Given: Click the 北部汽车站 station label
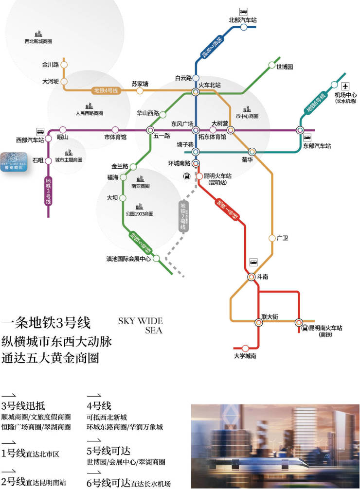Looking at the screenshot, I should click(x=243, y=20).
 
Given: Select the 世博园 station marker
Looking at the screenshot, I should click(x=272, y=65).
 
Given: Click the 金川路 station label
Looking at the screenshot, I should click(x=50, y=64).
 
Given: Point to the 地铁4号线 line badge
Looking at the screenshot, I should click(x=107, y=90).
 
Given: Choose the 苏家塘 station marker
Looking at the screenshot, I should click(x=140, y=90).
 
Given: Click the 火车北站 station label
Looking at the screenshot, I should click(x=210, y=85).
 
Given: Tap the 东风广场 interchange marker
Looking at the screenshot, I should click(x=196, y=130).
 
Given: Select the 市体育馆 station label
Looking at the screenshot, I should click(x=115, y=138).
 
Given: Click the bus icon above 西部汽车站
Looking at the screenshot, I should click(x=40, y=131).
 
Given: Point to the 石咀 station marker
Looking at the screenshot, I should click(x=48, y=159).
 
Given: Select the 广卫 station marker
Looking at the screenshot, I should click(x=272, y=238).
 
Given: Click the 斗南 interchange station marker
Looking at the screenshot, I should click(x=251, y=277).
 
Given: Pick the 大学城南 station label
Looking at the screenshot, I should click(x=245, y=356).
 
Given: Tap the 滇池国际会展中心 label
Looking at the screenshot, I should click(x=128, y=258).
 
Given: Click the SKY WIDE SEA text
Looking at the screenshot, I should click(x=141, y=326).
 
